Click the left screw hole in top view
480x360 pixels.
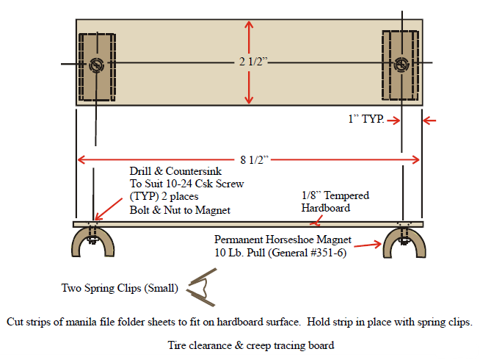(x=96, y=65)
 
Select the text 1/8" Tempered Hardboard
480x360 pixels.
(x=335, y=201)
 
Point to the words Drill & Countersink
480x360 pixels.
(x=163, y=172)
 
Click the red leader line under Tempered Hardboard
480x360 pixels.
(x=313, y=217)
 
